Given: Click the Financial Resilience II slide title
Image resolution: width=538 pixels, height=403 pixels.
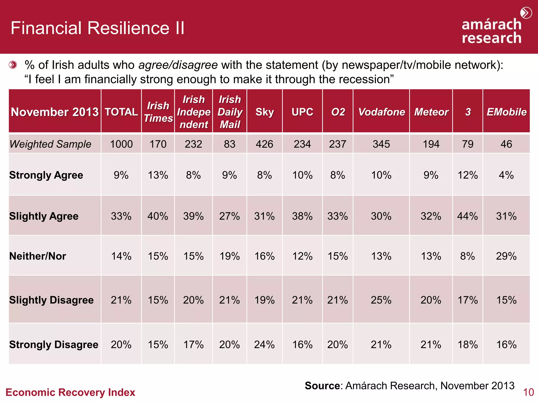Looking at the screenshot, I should point(97,28).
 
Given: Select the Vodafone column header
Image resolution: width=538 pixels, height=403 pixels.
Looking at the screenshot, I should point(381,112).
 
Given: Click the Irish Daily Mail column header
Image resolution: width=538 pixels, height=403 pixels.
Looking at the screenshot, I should point(230,112).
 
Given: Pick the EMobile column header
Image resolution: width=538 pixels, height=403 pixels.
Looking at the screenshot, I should point(506,112).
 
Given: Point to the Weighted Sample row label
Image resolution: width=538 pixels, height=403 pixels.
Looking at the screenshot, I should point(50,144).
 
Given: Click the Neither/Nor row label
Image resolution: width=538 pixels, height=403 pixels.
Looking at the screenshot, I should point(38,256).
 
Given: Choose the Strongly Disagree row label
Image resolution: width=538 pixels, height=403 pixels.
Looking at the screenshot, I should point(54,344).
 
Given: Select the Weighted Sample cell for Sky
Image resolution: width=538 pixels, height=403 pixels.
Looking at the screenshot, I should point(265,144).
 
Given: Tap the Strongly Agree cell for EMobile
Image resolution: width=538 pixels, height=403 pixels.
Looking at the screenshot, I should point(506,175).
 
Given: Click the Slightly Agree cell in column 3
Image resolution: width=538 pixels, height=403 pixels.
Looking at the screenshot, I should point(468,216).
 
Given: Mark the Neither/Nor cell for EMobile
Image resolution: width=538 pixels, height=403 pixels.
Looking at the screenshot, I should point(506,256).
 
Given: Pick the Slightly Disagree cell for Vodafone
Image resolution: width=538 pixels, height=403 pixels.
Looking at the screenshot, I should point(381,300).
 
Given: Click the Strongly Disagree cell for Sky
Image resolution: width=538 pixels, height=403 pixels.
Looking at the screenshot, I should point(265,344).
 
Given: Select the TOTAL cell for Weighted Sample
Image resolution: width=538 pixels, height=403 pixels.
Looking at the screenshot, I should point(121,144).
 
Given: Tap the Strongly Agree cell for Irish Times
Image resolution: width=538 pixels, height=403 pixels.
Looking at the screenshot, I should point(158,175).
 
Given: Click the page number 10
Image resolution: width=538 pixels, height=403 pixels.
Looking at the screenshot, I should point(528,392).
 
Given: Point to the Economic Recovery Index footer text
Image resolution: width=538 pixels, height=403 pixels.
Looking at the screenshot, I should point(70,392).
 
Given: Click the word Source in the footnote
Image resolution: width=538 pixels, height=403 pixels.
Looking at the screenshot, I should point(322,386).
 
